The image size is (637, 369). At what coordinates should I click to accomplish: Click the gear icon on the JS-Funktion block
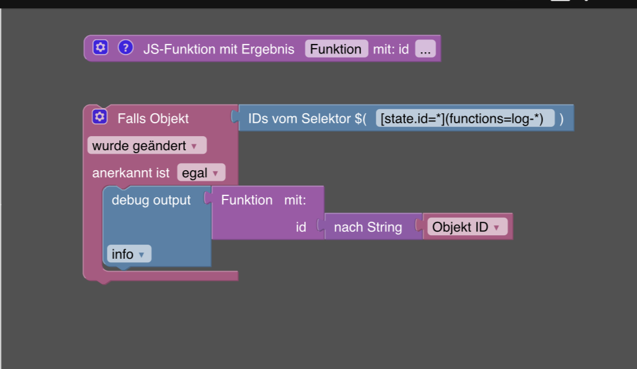pyautogui.click(x=101, y=48)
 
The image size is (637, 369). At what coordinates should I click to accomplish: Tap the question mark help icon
pyautogui.click(x=126, y=48)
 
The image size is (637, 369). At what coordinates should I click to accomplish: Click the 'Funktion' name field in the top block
pyautogui.click(x=336, y=49)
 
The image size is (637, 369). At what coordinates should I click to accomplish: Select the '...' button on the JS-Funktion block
pyautogui.click(x=425, y=49)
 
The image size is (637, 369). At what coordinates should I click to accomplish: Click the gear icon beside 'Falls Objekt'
pyautogui.click(x=100, y=117)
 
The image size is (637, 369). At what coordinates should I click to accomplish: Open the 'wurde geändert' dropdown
pyautogui.click(x=147, y=145)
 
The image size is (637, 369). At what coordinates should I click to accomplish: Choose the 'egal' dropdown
pyautogui.click(x=201, y=173)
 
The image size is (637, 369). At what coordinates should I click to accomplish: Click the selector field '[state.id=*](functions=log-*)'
pyautogui.click(x=466, y=119)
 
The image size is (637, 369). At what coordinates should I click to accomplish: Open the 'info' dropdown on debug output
pyautogui.click(x=129, y=254)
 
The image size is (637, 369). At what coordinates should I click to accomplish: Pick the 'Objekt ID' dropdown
pyautogui.click(x=467, y=227)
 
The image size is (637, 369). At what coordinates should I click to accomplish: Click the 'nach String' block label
pyautogui.click(x=368, y=227)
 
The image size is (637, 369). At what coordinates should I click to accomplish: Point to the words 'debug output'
pyautogui.click(x=151, y=200)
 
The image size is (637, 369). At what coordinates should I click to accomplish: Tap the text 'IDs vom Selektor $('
pyautogui.click(x=307, y=119)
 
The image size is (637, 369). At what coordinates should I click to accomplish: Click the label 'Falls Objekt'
pyautogui.click(x=153, y=119)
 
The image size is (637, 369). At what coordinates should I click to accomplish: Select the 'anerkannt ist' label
pyautogui.click(x=131, y=173)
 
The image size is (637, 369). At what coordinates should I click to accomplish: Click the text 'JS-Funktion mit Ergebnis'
pyautogui.click(x=219, y=49)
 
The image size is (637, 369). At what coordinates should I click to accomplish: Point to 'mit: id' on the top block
pyautogui.click(x=391, y=49)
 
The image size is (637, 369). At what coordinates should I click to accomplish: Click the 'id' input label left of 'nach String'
pyautogui.click(x=301, y=227)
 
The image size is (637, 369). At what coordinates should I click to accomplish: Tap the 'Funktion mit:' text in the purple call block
pyautogui.click(x=263, y=200)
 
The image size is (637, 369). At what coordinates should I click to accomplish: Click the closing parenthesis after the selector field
pyautogui.click(x=561, y=119)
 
